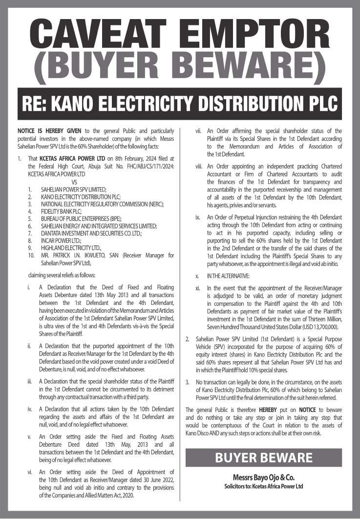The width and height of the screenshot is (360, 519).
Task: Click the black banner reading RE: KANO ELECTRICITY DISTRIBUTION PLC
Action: point(180,104)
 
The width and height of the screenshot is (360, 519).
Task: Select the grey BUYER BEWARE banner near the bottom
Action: point(264,458)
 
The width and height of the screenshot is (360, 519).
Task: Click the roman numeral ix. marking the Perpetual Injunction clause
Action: point(198,216)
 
